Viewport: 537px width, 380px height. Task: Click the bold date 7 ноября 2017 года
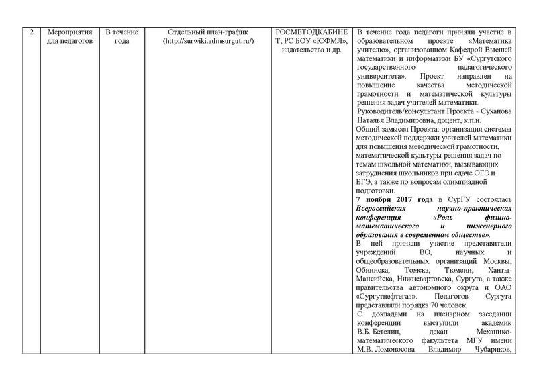click(394, 200)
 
